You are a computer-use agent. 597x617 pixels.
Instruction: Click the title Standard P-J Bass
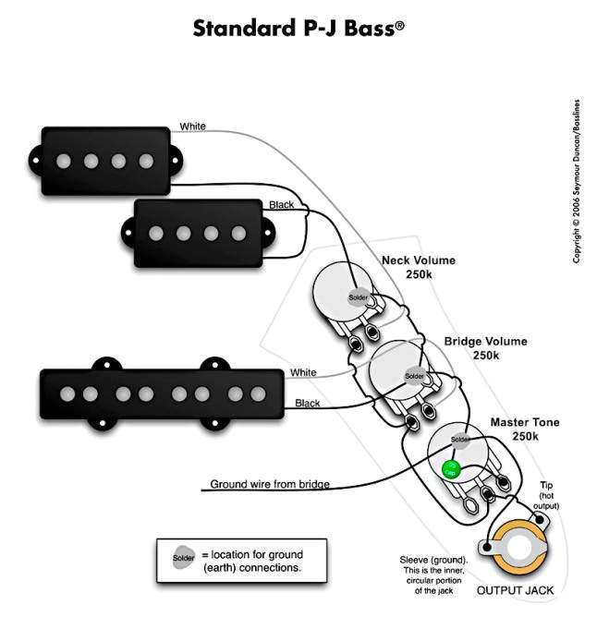(298, 29)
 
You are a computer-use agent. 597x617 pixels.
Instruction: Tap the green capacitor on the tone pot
(451, 467)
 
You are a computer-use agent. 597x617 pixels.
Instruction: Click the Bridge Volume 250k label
(485, 348)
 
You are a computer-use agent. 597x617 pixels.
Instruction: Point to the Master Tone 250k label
(524, 429)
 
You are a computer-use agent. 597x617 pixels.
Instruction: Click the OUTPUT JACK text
(518, 588)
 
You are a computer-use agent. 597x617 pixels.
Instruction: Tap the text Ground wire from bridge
(269, 484)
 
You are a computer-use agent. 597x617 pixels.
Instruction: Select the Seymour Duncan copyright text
(577, 180)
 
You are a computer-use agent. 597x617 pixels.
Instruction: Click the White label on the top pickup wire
(193, 126)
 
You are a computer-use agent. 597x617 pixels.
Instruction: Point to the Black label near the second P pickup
(282, 203)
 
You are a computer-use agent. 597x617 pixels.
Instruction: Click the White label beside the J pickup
(303, 372)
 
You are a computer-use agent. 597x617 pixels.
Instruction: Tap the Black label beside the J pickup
(308, 404)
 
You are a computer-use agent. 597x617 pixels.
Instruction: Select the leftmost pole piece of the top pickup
(64, 161)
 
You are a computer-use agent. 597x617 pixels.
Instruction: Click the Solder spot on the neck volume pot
(357, 297)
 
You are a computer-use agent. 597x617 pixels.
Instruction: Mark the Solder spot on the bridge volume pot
(415, 377)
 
